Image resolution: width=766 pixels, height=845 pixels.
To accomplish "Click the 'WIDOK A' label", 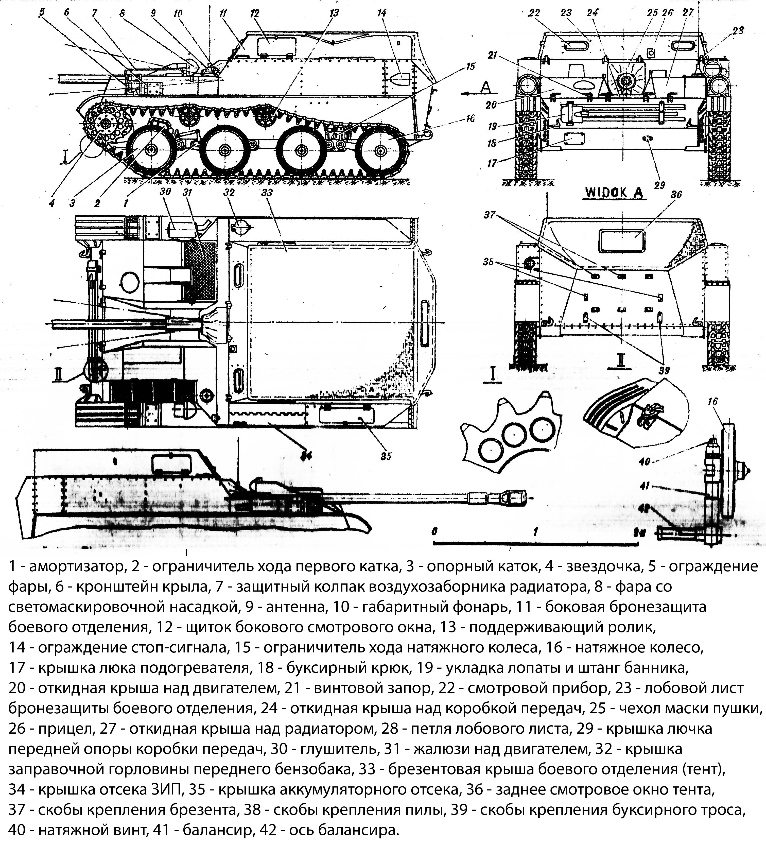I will pyautogui.click(x=614, y=193).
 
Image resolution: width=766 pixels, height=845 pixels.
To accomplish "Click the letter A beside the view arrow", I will pyautogui.click(x=485, y=87).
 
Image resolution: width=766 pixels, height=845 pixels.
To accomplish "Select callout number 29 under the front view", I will pyautogui.click(x=659, y=185).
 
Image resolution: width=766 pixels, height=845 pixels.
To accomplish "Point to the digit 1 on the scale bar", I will pyautogui.click(x=535, y=531).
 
